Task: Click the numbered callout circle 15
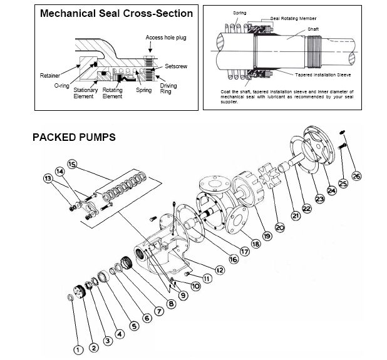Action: coord(72,164)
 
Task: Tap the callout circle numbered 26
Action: coord(356,176)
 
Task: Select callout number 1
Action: coord(78,349)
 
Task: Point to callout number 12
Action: coord(220,270)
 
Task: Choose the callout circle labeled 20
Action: coord(280,227)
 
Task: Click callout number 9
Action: coord(183,296)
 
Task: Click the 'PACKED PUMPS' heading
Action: coord(74,137)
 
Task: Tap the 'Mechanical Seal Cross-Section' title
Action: coord(116,13)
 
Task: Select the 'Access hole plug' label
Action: coord(166,38)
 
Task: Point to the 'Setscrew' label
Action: coord(176,66)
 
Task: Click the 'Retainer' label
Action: coord(50,76)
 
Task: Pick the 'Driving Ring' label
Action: coord(168,88)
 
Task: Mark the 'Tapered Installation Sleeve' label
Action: coord(323,75)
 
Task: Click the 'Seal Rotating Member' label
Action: coord(293,19)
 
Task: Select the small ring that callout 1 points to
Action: coord(70,297)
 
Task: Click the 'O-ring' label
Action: coord(61,86)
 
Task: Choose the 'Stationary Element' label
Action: coord(85,93)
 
